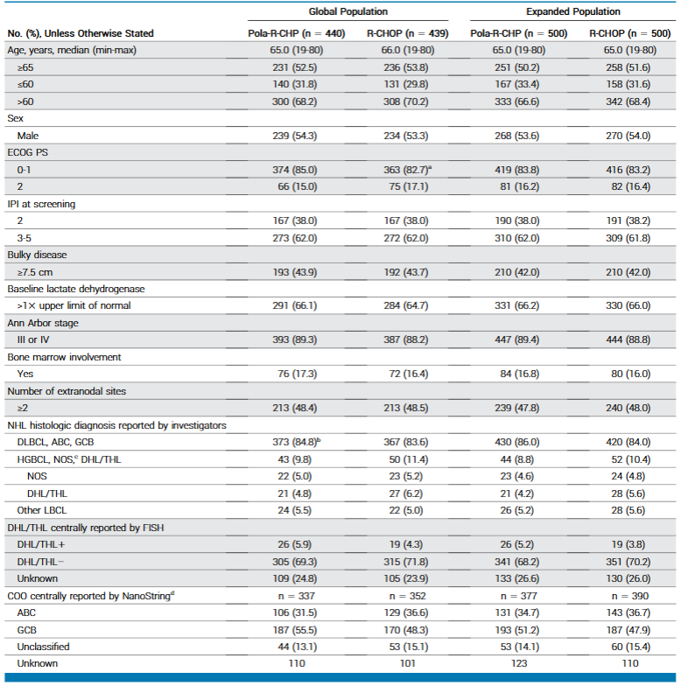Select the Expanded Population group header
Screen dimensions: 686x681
tap(573, 11)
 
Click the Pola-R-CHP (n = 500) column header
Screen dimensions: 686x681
tap(517, 33)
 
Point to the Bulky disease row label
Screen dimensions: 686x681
tap(37, 255)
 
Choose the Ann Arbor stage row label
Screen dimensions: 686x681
tap(42, 323)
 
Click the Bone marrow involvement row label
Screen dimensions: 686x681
tap(60, 357)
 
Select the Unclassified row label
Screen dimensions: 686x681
tap(44, 647)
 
